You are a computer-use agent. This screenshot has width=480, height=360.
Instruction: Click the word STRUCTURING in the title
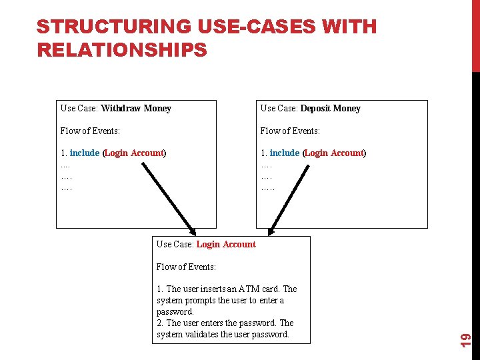(x=114, y=27)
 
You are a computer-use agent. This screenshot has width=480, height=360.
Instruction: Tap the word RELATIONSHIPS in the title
(x=122, y=50)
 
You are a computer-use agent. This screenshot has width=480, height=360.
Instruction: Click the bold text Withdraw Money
(x=136, y=108)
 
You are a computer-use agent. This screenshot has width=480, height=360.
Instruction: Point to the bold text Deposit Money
(x=330, y=108)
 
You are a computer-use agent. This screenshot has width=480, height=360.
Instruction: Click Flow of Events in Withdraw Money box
(x=90, y=131)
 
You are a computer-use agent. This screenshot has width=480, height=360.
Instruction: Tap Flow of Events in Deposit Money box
(x=290, y=131)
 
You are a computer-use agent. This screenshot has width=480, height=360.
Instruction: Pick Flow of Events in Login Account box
(x=186, y=267)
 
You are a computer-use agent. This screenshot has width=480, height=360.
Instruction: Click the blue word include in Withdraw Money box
(x=85, y=153)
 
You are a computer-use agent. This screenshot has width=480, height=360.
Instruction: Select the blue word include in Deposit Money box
(x=285, y=153)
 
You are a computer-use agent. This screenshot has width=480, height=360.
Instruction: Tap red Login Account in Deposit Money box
(x=334, y=153)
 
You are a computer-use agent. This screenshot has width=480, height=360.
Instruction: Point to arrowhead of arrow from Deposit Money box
(x=271, y=231)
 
